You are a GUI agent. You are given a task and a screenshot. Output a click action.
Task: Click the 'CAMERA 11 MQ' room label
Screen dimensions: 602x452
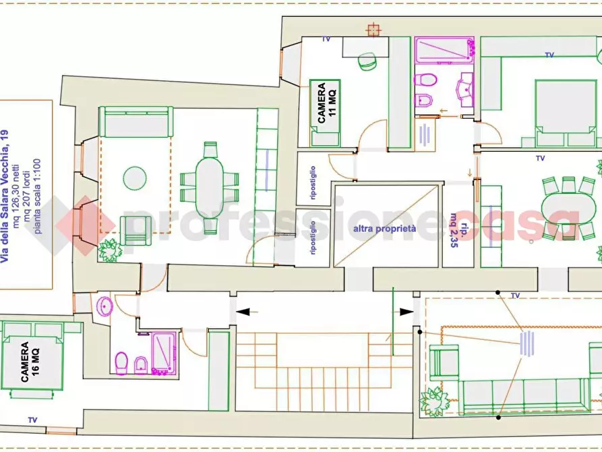pyautogui.click(x=326, y=103)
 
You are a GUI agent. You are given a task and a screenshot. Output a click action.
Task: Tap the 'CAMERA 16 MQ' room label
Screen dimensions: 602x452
pyautogui.click(x=30, y=362)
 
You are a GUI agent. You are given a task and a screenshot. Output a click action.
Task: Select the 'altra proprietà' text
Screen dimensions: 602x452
pyautogui.click(x=384, y=229)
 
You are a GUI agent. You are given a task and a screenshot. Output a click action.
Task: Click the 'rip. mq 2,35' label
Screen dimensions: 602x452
pyautogui.click(x=459, y=229)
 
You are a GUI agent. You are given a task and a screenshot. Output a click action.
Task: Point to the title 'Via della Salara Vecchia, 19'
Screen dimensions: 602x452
pyautogui.click(x=5, y=196)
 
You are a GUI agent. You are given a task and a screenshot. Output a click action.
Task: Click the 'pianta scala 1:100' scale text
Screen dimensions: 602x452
pyautogui.click(x=37, y=196)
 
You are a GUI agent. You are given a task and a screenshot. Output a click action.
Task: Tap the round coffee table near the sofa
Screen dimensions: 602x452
pyautogui.click(x=135, y=178)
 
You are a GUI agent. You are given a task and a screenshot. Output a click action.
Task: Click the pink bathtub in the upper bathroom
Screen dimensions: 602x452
pyautogui.click(x=444, y=50)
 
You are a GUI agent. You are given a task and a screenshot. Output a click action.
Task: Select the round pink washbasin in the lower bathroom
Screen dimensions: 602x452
pyautogui.click(x=104, y=306)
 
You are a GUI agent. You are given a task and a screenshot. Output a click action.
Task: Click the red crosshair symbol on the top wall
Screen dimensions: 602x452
pyautogui.click(x=373, y=30)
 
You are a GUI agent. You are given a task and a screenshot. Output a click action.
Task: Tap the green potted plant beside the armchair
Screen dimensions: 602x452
pyautogui.click(x=110, y=250)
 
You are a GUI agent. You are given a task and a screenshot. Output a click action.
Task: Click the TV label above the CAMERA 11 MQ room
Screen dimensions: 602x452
pyautogui.click(x=326, y=39)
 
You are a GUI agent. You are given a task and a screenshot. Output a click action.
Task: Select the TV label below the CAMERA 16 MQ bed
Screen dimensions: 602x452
pyautogui.click(x=32, y=420)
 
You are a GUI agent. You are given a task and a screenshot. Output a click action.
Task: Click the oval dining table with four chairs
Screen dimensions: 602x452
pyautogui.click(x=210, y=188)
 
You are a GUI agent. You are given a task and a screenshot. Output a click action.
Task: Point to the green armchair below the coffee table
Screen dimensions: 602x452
pyautogui.click(x=136, y=230)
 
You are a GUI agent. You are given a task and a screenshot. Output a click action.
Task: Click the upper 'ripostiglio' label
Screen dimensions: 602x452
pyautogui.click(x=313, y=183)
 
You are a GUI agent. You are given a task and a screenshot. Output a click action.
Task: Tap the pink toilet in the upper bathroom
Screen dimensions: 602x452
pyautogui.click(x=425, y=80)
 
